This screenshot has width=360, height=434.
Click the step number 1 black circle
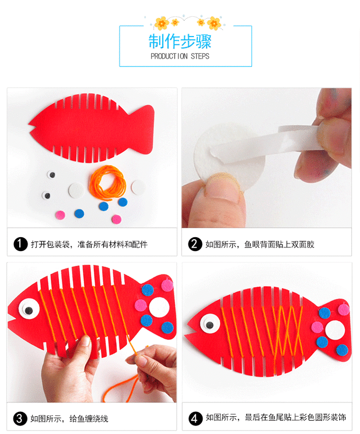[21, 244]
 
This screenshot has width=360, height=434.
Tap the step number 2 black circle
[195, 244]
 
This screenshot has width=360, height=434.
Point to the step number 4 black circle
[195, 418]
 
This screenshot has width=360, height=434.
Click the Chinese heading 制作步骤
[180, 41]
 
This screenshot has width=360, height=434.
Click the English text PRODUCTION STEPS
[180, 56]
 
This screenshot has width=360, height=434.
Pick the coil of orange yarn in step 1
[108, 182]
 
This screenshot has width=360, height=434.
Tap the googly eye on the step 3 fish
[29, 309]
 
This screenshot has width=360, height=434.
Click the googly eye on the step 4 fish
[210, 324]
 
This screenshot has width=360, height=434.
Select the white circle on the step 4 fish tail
[335, 330]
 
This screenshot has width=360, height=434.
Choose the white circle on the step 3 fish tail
[159, 307]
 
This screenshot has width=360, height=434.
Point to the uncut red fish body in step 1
[91, 128]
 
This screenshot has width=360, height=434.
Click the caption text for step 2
[260, 245]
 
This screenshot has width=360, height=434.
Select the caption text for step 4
[276, 417]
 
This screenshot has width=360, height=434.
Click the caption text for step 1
[89, 245]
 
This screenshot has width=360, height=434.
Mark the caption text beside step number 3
[69, 419]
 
